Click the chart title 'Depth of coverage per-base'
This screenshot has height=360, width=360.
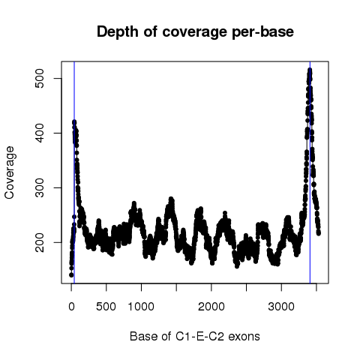click(195, 32)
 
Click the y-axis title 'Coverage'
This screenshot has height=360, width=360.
click(10, 172)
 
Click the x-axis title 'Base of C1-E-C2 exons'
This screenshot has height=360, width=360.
click(195, 336)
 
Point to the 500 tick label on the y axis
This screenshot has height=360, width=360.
click(40, 79)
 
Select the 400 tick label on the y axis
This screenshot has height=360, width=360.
click(40, 133)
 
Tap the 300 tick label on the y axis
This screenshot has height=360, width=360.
click(40, 187)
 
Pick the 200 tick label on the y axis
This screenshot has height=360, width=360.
click(40, 242)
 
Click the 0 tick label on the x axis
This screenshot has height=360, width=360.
click(71, 307)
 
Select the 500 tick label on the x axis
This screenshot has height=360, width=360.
click(106, 307)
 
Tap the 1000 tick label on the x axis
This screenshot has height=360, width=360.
click(141, 307)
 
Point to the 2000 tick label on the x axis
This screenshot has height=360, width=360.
click(211, 307)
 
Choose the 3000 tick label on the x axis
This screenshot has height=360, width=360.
click(281, 307)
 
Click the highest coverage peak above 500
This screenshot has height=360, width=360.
click(310, 70)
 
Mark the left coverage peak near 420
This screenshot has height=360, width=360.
click(74, 122)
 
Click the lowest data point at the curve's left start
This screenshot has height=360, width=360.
click(71, 275)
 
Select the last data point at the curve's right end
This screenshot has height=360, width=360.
click(319, 233)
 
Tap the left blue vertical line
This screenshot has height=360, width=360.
click(74, 172)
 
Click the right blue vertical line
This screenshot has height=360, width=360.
click(310, 172)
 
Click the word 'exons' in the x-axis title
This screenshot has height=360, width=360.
click(244, 337)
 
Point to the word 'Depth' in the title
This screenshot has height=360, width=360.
click(118, 32)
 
